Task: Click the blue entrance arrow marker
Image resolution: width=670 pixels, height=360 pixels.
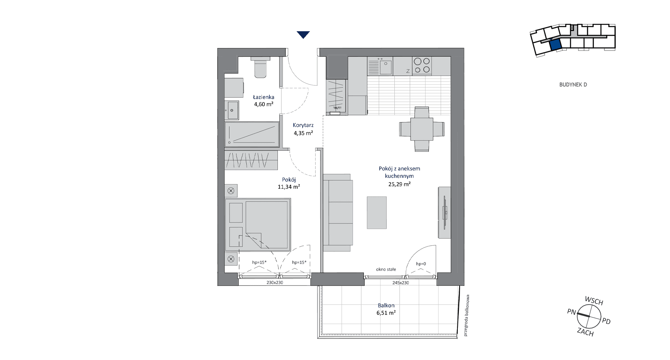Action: coord(303,35)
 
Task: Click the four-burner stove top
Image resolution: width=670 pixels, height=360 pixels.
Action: coord(422,66)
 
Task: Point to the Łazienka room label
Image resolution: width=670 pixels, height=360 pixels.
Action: coord(264,97)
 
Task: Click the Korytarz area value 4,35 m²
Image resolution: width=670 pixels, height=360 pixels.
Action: coord(303,133)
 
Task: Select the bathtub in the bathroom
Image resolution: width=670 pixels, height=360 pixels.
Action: coord(252,135)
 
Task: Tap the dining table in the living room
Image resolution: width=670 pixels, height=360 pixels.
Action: coord(422,129)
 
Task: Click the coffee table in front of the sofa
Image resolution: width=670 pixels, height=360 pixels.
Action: coord(377,213)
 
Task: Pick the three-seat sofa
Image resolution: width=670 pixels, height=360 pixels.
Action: coord(338,213)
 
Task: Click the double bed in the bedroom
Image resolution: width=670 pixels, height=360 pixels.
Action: coord(258,225)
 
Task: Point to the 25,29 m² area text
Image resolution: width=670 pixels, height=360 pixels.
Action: coord(400,184)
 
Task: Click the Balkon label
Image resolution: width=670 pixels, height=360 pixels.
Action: coord(386,305)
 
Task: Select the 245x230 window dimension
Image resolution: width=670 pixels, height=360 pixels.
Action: coord(401,283)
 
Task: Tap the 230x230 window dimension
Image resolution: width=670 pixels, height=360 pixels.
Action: coord(275,283)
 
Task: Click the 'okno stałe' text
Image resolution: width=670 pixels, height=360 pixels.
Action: coord(386,269)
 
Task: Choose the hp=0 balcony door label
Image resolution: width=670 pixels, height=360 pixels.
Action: coord(421,264)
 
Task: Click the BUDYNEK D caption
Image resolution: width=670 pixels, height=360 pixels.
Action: coord(573,85)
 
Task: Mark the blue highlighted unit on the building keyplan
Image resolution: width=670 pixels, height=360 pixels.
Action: coord(555,45)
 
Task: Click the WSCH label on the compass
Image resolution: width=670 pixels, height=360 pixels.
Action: coord(594,301)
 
